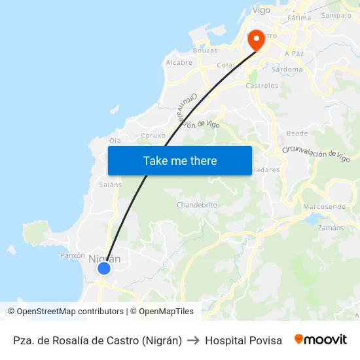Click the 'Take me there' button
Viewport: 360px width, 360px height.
coord(180,160)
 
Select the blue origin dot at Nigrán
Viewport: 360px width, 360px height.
coord(103,268)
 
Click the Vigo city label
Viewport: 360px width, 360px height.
coord(261,10)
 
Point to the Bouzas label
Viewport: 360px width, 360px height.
coord(205,50)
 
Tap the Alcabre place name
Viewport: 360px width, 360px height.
coord(179,63)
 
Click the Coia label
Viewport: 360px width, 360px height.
coord(225,65)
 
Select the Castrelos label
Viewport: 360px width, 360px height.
coord(262,86)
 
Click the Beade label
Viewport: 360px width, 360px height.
coord(297,133)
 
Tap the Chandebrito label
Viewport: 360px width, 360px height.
coord(197,205)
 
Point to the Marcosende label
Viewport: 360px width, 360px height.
coord(324,207)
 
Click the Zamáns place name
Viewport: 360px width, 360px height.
coord(330,228)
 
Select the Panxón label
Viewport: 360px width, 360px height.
coord(73,255)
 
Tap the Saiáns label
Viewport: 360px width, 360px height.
coord(110,185)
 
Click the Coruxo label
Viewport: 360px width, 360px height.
coord(153,136)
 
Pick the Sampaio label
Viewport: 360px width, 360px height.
coord(336,15)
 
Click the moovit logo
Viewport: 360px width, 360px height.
coord(321,340)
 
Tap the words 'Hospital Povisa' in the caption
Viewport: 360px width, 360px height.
coord(243,340)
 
